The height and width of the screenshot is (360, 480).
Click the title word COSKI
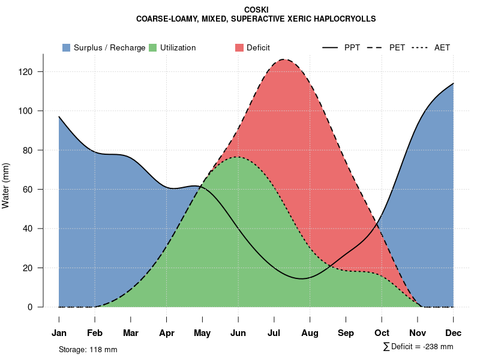[257, 10]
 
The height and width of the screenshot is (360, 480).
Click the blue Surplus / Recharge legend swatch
[67, 47]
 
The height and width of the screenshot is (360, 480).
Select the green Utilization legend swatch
[153, 47]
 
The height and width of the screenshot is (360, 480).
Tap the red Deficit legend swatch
[239, 47]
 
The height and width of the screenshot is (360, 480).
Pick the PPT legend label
[352, 47]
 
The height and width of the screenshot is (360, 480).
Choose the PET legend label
[397, 47]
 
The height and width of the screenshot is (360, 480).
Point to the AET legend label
[442, 47]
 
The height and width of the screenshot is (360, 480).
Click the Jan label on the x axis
[59, 333]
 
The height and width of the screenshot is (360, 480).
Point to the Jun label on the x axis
[238, 333]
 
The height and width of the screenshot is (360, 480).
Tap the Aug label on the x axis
[310, 333]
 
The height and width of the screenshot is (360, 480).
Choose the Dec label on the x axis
[454, 333]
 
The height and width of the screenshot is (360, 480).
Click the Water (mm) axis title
[6, 186]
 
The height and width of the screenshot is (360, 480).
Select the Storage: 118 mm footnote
[88, 349]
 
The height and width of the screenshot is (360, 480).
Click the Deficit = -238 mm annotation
[422, 347]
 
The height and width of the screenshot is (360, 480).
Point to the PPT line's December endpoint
[454, 83]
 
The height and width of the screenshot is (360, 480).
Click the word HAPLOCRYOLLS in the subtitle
[343, 19]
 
